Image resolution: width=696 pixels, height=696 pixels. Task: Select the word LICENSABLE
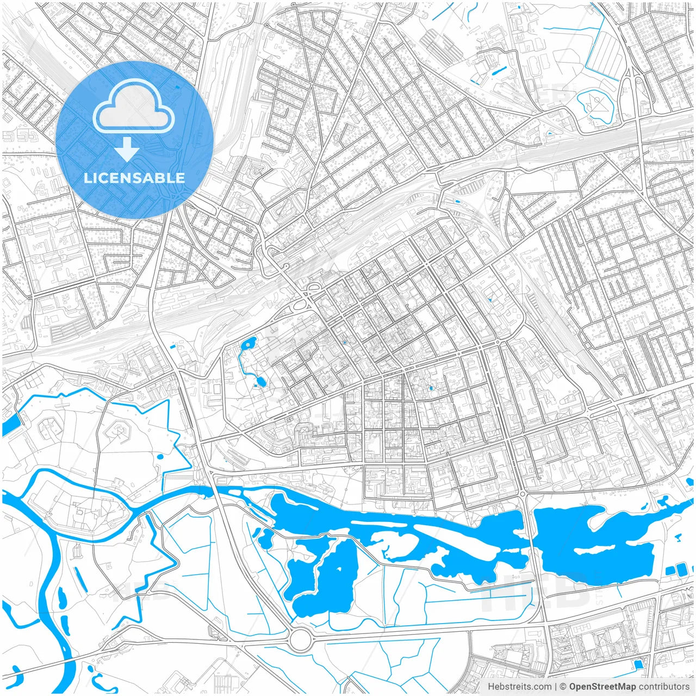pos(134,178)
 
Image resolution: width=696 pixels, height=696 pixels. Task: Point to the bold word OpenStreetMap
pos(602,687)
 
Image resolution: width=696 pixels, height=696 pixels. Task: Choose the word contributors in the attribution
pos(663,687)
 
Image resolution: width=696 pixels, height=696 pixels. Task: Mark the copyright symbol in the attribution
pos(563,687)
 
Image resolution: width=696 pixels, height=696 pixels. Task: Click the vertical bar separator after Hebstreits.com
pos(555,687)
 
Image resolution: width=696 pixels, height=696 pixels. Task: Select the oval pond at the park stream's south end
pos(261,381)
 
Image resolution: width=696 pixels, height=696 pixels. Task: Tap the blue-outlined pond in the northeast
pos(595,105)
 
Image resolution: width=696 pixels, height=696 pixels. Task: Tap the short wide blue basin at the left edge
pos(11,424)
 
